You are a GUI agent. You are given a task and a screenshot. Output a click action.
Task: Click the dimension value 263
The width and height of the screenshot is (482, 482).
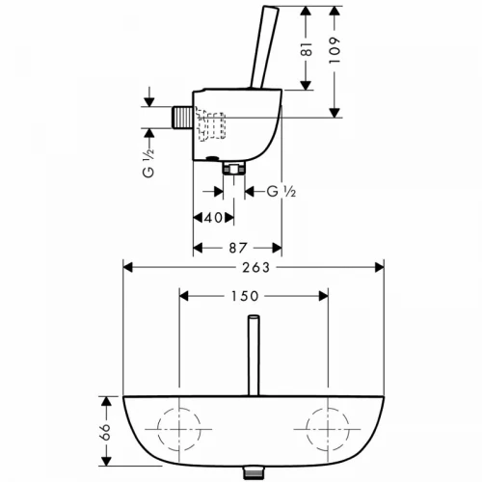pyautogui.click(x=255, y=267)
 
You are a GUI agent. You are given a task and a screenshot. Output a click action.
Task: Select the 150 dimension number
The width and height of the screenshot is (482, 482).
pyautogui.click(x=245, y=296)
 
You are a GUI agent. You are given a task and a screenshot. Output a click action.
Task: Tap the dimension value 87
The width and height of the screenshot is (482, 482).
pyautogui.click(x=238, y=248)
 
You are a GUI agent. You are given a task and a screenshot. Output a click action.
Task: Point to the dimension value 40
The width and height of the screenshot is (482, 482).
pyautogui.click(x=213, y=218)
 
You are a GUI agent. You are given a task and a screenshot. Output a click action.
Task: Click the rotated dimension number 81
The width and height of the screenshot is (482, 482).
pyautogui.click(x=308, y=49)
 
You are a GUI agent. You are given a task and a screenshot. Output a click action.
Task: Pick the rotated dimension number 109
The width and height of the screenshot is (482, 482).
pyautogui.click(x=335, y=50)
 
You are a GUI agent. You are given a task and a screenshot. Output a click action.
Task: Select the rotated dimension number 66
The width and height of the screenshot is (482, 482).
pyautogui.click(x=105, y=432)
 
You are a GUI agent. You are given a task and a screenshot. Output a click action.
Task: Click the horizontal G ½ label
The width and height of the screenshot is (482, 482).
pyautogui.click(x=281, y=192)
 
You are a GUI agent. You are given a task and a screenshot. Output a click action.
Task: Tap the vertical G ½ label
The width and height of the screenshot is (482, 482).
pyautogui.click(x=148, y=163)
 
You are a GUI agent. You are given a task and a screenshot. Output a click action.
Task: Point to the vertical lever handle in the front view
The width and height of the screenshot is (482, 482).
pyautogui.click(x=254, y=356)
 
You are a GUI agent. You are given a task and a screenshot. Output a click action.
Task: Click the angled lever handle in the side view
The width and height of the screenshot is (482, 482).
pyautogui.click(x=264, y=47)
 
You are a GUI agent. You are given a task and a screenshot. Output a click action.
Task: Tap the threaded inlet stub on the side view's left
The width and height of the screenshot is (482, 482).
pyautogui.click(x=182, y=118)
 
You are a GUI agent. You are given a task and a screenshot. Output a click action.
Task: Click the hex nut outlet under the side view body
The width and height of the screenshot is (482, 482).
pyautogui.click(x=234, y=168)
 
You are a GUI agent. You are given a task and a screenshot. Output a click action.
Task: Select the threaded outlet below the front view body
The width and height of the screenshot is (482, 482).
pyautogui.click(x=254, y=473)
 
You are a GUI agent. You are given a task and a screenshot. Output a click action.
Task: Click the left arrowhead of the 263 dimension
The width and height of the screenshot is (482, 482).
pyautogui.click(x=128, y=267)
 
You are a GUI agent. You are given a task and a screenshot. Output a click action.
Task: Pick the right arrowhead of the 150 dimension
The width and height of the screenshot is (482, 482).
pyautogui.click(x=324, y=296)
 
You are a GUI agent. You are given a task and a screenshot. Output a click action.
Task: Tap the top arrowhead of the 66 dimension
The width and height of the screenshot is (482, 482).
pyautogui.click(x=106, y=401)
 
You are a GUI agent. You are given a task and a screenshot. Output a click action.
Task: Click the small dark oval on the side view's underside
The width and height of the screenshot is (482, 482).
pyautogui.click(x=212, y=158)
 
